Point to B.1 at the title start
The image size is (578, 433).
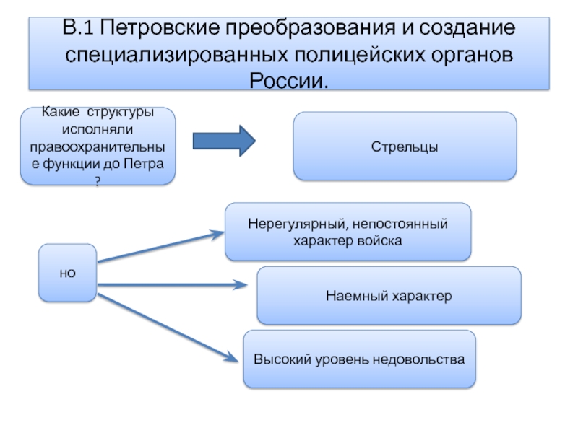tap(79, 30)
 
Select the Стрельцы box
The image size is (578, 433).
tap(405, 146)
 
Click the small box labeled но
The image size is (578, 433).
tap(67, 272)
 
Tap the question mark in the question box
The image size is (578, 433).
tap(98, 183)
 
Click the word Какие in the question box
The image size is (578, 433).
tap(61, 113)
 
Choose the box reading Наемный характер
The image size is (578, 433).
tap(389, 295)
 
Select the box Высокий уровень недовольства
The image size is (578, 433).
tap(359, 359)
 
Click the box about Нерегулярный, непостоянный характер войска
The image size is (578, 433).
tap(348, 231)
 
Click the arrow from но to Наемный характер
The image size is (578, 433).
tap(173, 285)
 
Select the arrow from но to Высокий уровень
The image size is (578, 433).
tap(166, 325)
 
